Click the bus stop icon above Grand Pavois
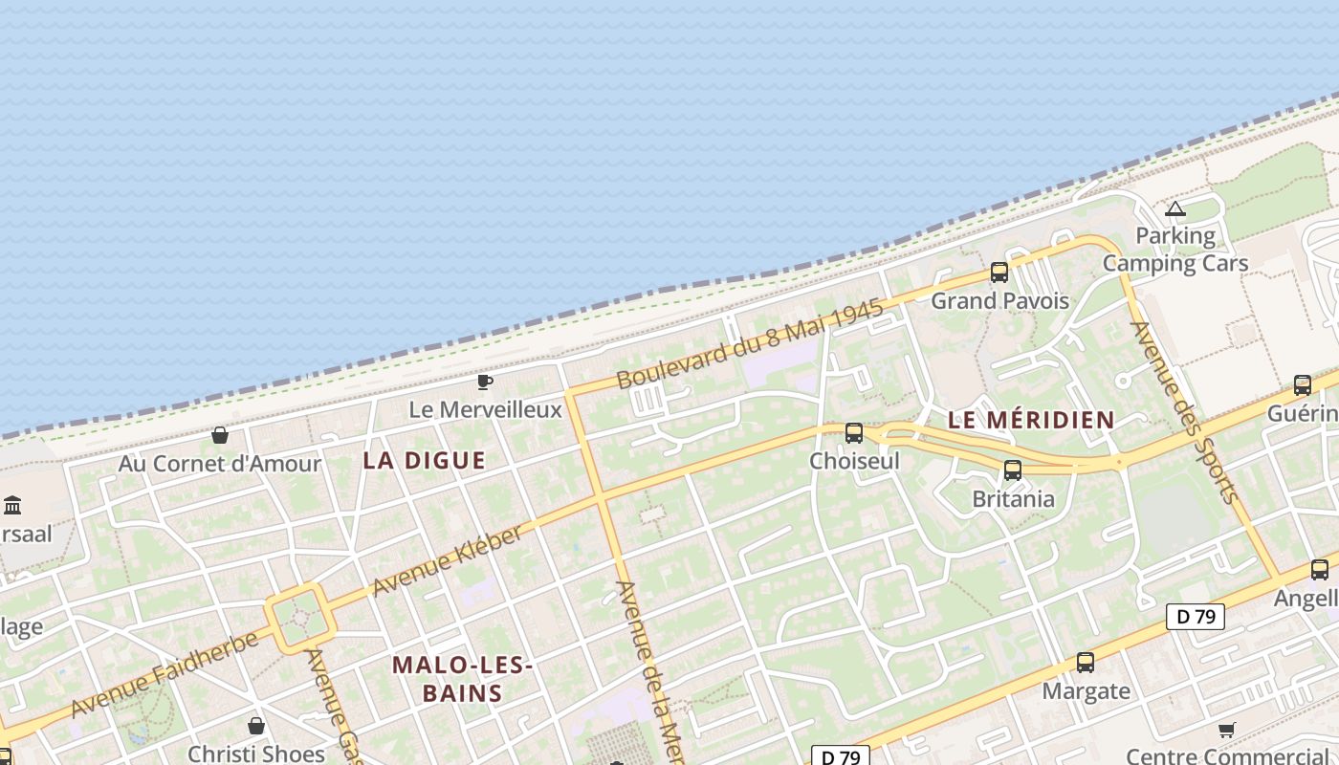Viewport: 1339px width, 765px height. tap(999, 273)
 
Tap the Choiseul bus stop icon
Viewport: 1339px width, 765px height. tap(854, 433)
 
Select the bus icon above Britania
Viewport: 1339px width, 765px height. tap(1013, 470)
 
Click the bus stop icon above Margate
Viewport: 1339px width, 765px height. tap(1086, 663)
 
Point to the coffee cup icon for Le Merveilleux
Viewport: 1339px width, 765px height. tap(485, 382)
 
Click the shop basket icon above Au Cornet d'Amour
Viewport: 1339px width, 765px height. tap(220, 435)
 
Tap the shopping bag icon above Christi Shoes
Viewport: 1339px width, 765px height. tap(255, 726)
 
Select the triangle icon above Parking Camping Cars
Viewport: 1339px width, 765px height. tap(1175, 209)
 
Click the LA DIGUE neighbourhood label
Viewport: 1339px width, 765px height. tap(425, 461)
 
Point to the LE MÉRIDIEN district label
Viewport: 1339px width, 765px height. tap(1031, 420)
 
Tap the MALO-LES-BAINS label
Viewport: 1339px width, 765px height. tap(462, 678)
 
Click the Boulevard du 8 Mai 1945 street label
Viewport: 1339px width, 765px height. tap(749, 345)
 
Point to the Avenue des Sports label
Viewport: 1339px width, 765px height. tap(1185, 411)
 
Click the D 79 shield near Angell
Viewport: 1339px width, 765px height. tap(1196, 617)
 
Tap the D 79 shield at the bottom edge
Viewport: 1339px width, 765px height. tap(841, 756)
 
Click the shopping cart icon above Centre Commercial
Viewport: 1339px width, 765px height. tap(1226, 731)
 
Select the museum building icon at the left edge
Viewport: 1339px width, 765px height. tap(13, 505)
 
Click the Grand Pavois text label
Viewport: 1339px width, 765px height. tap(999, 301)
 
